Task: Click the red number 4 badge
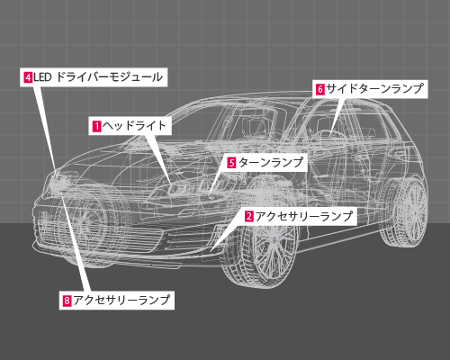point(28,78)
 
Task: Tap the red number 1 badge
point(97,126)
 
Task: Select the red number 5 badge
point(231,163)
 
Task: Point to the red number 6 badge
point(320,89)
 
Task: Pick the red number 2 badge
point(249,216)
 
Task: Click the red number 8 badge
point(67,301)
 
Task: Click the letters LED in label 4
point(42,78)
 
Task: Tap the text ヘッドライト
point(134,126)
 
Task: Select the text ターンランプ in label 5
point(271,163)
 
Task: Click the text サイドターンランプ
point(374,89)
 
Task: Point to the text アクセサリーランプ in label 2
point(304,216)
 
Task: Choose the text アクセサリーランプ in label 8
point(121,301)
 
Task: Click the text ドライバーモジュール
point(110,77)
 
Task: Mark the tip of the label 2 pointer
point(211,251)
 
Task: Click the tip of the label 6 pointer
point(331,135)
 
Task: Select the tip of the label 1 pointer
point(171,185)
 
